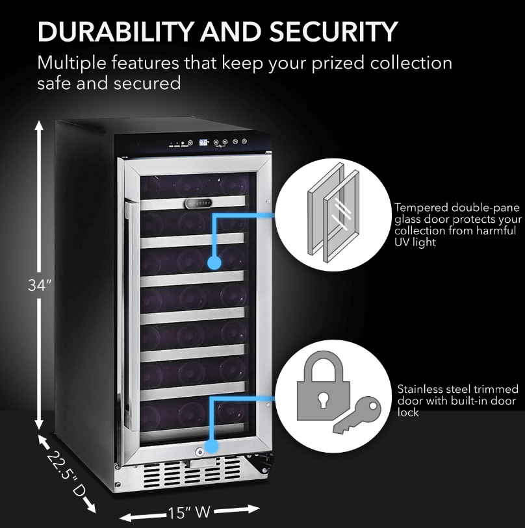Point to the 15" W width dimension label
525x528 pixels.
pyautogui.click(x=190, y=513)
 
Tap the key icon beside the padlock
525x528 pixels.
pyautogui.click(x=355, y=416)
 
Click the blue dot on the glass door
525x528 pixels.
pyautogui.click(x=214, y=262)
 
